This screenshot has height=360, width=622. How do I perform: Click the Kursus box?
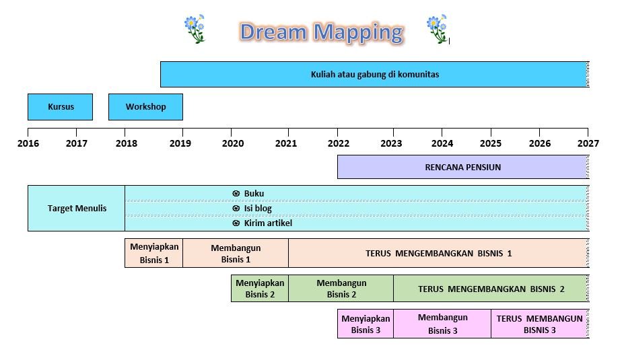[x=61, y=106]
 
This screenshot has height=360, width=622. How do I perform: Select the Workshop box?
[x=145, y=106]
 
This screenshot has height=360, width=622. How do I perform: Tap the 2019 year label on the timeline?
[x=180, y=143]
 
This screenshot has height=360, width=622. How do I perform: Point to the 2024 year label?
[x=442, y=143]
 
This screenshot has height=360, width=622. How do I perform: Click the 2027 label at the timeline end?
[x=588, y=143]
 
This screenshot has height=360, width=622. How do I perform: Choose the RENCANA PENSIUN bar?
[x=463, y=167]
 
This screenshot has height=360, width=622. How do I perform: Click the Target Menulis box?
[x=76, y=208]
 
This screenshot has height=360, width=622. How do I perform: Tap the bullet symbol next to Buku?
[x=236, y=194]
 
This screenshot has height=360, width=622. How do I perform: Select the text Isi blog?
[x=258, y=208]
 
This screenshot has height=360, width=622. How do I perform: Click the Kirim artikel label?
[x=268, y=223]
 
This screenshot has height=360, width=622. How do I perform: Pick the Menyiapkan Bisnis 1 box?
[x=154, y=253]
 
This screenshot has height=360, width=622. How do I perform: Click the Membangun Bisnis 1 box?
[x=236, y=253]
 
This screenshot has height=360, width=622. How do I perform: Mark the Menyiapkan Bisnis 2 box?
[x=260, y=288]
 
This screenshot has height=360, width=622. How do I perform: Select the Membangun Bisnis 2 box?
[x=341, y=288]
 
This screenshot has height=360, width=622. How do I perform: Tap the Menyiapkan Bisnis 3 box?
[x=366, y=324]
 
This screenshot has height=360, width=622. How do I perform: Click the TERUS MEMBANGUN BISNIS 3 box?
[x=539, y=324]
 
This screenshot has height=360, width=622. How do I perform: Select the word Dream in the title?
[x=274, y=32]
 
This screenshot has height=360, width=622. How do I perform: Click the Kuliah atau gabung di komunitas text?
[x=375, y=75]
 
